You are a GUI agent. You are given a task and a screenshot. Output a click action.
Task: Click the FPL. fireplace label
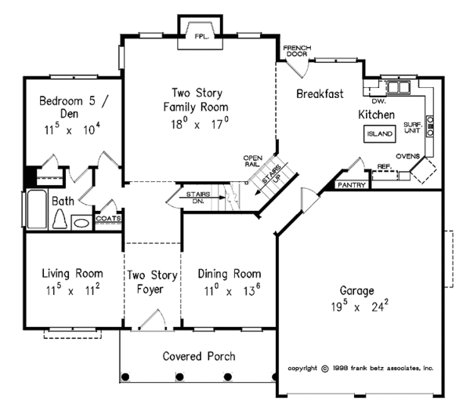pos(201,37)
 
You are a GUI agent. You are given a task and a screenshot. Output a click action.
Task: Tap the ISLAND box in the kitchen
pos(379,134)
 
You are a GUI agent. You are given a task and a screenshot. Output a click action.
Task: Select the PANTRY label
pos(352,185)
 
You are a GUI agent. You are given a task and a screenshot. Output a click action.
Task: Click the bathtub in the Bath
pos(37,209)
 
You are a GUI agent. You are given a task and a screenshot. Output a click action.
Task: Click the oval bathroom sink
pos(81,223)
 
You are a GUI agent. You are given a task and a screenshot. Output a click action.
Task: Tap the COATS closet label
pos(109,218)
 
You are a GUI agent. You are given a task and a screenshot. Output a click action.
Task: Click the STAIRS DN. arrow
pos(202,197)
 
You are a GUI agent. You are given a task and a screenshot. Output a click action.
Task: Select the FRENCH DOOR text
pos(297,51)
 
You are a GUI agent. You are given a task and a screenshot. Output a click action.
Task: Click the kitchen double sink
pos(399,87)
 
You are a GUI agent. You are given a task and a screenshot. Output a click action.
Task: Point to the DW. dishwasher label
pos(379,101)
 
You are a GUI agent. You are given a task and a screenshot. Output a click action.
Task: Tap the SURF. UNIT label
pos(413,128)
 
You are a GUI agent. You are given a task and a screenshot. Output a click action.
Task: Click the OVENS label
pos(407,156)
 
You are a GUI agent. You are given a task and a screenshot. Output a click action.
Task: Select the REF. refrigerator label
pos(385,166)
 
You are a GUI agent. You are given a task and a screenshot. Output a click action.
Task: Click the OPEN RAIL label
pos(253,161)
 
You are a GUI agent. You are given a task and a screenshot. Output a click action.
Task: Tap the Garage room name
pos(357,291)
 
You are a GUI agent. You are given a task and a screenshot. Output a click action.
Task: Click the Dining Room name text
pos(230,274)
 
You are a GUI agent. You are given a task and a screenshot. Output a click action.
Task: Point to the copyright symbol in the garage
pos(325,369)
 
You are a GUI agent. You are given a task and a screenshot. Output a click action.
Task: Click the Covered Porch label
pos(199,356)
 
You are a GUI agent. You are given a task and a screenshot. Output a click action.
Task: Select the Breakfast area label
pos(320,94)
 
